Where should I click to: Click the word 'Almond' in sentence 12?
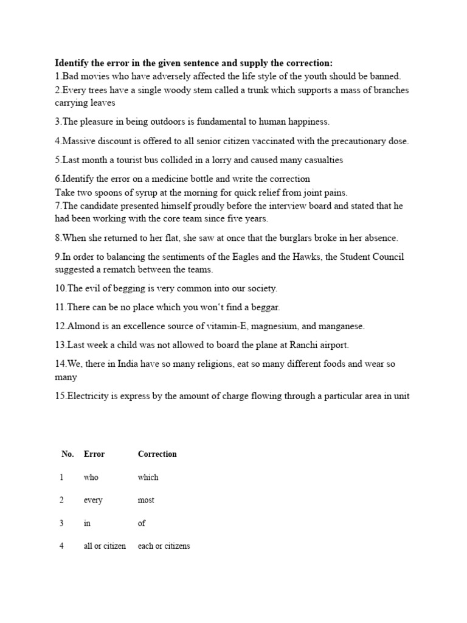click(82, 326)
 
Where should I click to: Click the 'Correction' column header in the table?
click(157, 454)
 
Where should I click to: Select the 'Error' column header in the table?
click(94, 454)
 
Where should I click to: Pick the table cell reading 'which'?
click(148, 477)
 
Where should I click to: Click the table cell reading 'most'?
click(146, 500)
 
